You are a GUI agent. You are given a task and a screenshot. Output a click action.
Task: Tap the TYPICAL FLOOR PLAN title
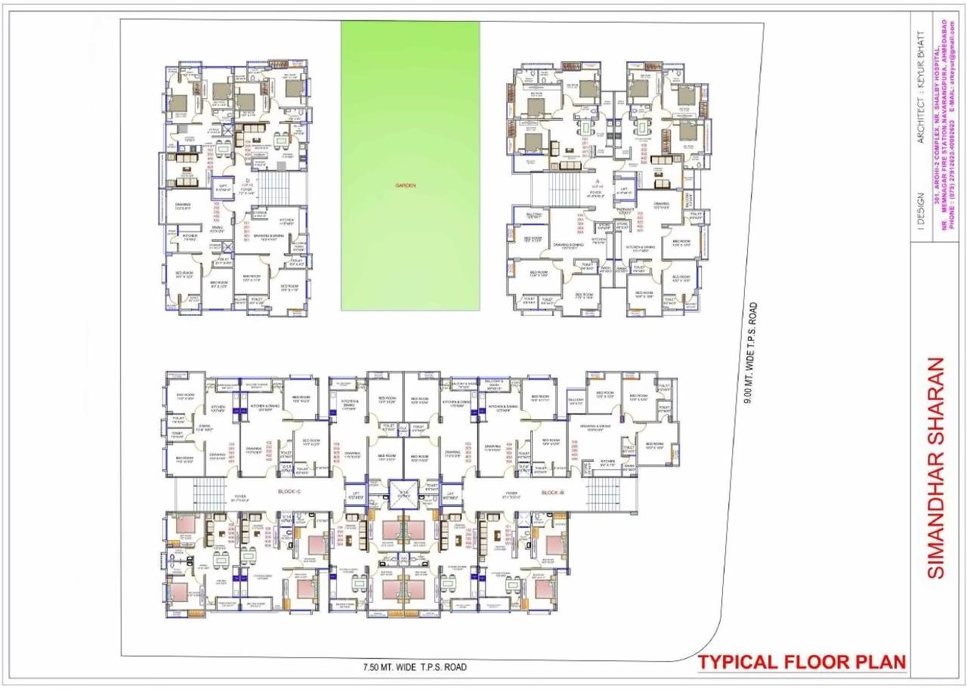click(802, 663)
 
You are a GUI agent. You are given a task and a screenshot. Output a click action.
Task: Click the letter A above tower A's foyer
click(598, 182)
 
